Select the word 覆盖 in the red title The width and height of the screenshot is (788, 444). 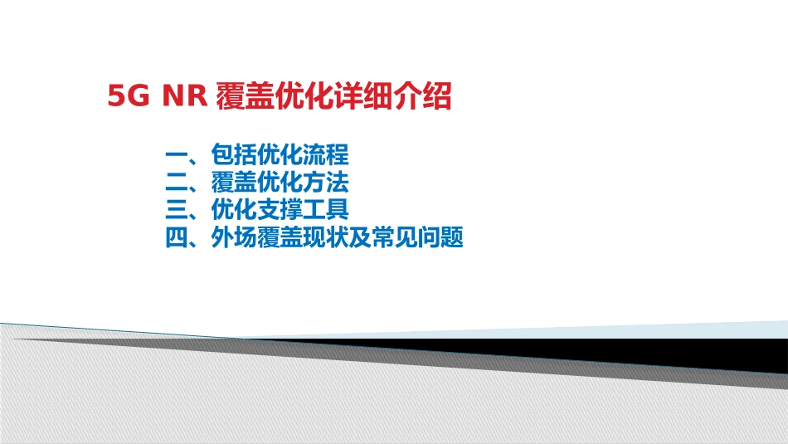point(240,97)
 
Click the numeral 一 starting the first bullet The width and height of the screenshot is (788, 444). point(177,155)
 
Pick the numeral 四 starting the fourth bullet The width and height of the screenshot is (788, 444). point(177,238)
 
